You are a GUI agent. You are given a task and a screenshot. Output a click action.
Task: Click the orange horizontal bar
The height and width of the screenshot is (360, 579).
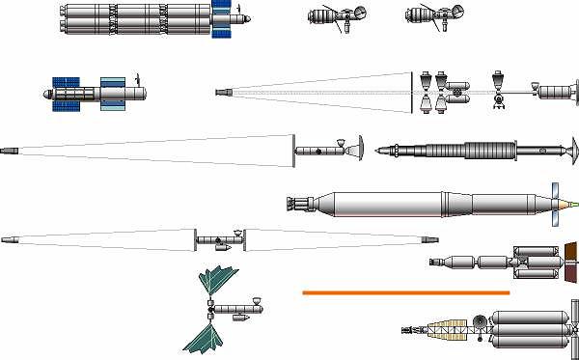point(405,291)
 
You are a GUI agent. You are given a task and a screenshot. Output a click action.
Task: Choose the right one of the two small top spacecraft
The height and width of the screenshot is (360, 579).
point(430,16)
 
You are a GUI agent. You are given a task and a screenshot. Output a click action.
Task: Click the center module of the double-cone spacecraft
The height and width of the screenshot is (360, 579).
point(220,239)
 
